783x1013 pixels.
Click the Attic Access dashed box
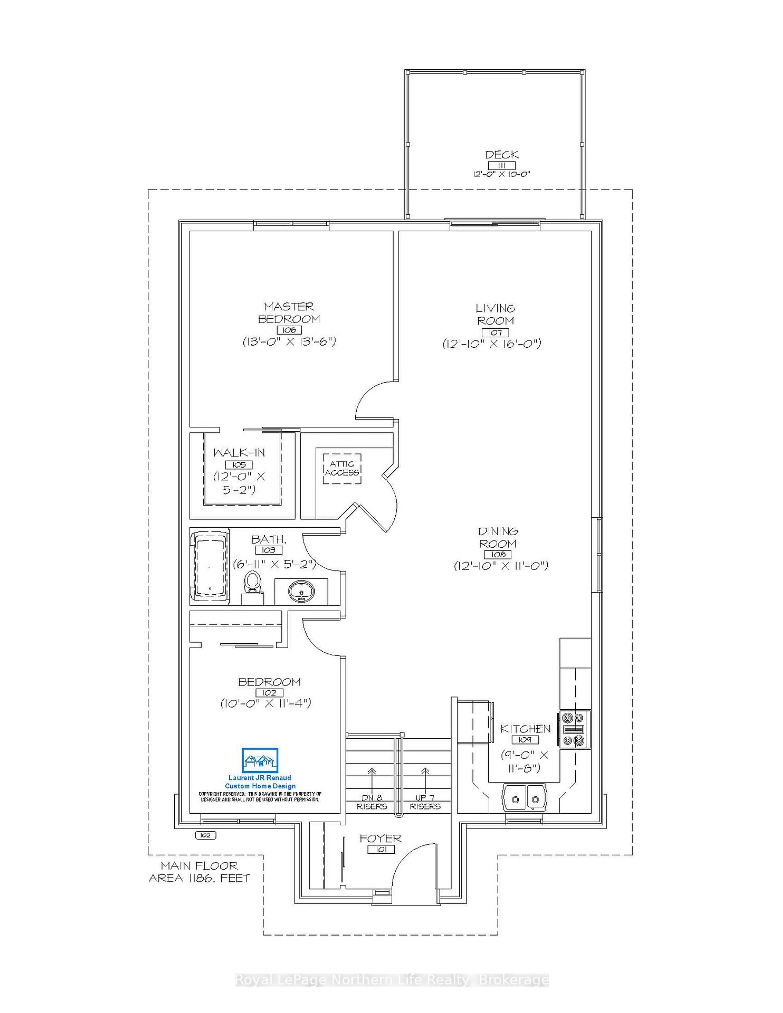pos(342,468)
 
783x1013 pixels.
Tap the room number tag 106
pos(289,330)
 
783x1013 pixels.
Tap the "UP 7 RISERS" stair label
pos(425,802)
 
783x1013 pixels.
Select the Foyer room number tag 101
pos(381,849)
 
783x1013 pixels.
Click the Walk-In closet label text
pos(239,453)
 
